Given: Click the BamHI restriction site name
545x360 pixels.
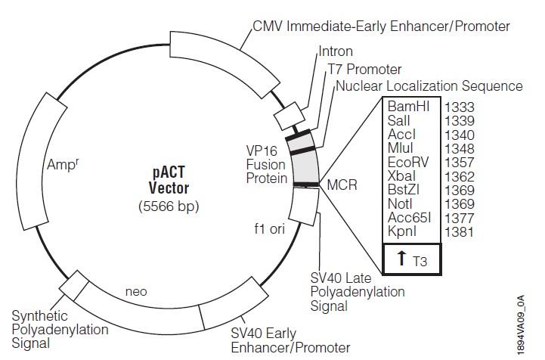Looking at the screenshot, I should tap(409, 107).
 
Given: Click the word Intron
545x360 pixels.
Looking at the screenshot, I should tap(336, 51).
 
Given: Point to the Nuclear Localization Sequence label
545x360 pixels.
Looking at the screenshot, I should tap(429, 85).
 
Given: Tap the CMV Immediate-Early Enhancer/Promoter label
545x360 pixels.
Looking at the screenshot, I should tap(381, 26).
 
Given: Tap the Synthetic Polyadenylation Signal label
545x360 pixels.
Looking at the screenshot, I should tap(60, 330).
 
